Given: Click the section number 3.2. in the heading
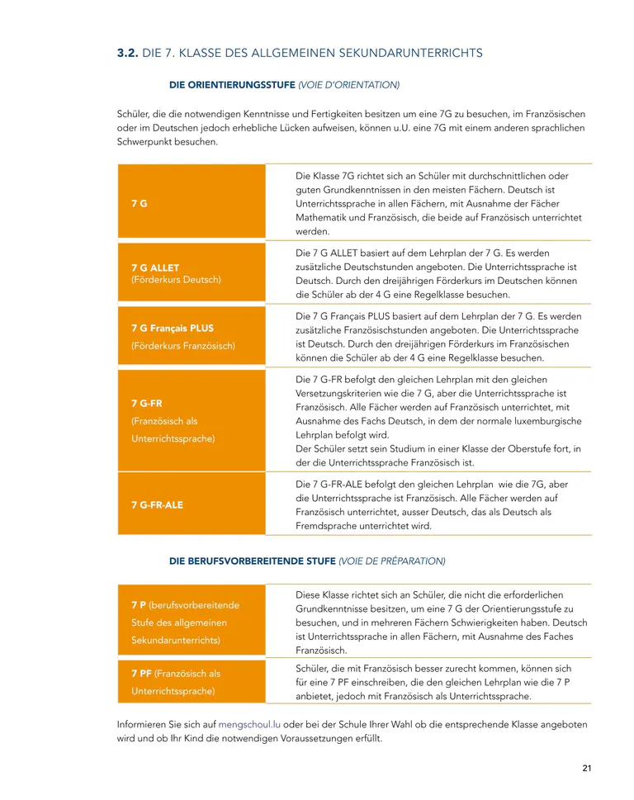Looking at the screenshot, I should point(127,53).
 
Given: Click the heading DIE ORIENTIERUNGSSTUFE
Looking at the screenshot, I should point(231,84).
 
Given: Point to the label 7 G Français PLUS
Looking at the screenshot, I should point(173,328).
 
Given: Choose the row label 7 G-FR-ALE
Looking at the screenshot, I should point(158,504).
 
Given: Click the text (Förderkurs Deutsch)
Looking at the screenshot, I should point(176,280).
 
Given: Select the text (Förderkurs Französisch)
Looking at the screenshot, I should point(183,345).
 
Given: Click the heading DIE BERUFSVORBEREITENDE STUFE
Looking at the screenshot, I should point(252,561).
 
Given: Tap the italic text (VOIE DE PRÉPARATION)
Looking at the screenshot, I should point(392,561).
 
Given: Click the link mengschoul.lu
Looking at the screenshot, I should point(249,724).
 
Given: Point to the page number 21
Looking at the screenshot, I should point(587,769).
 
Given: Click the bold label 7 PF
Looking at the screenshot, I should point(140,674).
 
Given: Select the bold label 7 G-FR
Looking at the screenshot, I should point(147,403).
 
